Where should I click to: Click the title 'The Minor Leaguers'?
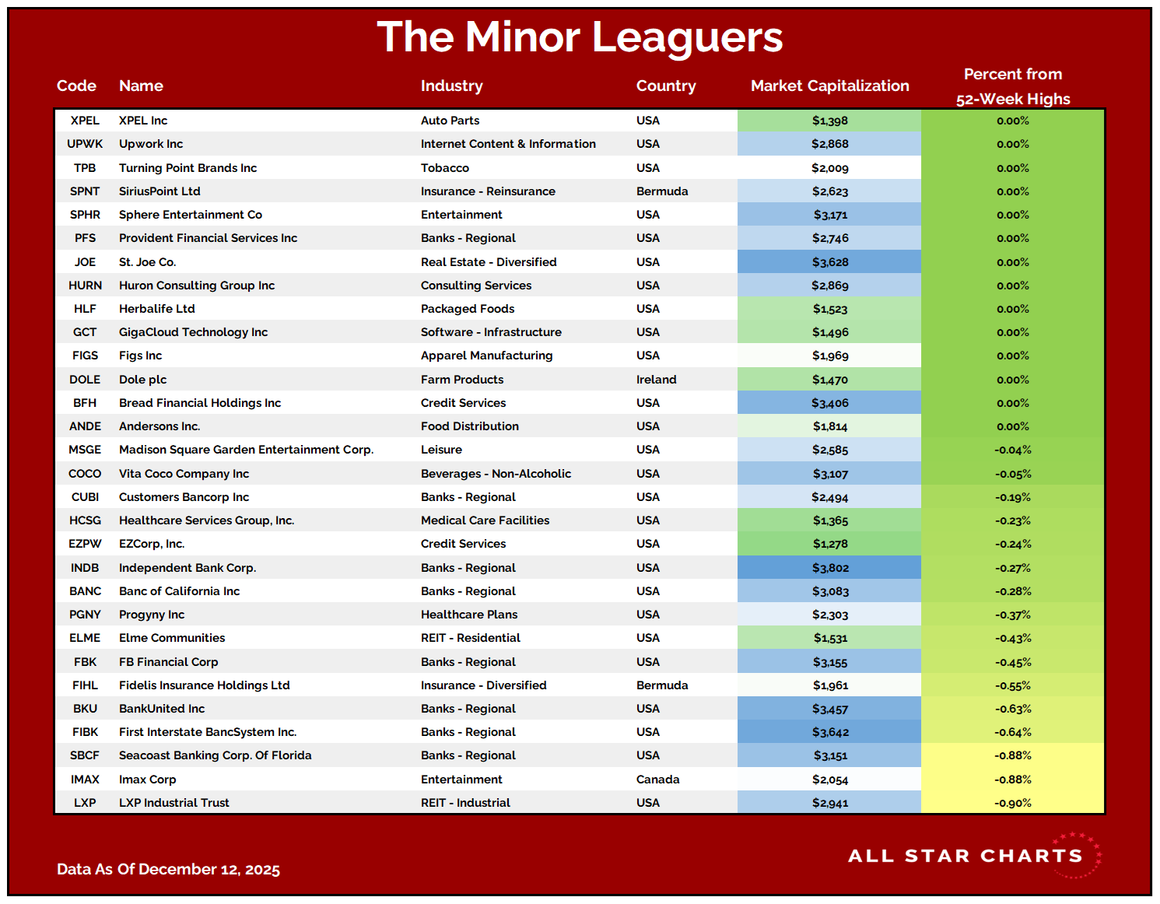[580, 37]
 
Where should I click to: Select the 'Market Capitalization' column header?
[829, 86]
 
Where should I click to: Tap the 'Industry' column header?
[451, 86]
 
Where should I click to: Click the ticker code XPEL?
[85, 121]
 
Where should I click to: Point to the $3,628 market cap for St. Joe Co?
[829, 262]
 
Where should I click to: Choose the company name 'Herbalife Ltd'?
[156, 309]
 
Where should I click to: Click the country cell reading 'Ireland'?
[656, 380]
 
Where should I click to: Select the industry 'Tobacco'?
[445, 168]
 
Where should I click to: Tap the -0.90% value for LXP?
[1012, 803]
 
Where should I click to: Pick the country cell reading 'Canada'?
[657, 780]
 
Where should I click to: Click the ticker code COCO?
[85, 474]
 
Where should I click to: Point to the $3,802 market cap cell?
[829, 568]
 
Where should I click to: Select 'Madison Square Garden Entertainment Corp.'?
[246, 450]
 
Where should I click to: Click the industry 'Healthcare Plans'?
[468, 615]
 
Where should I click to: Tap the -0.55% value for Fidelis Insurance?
[1012, 685]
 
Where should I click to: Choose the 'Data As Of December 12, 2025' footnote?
[168, 869]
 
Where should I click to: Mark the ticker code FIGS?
[85, 356]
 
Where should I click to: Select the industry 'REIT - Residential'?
[470, 638]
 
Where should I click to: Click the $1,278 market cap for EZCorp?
[829, 544]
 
